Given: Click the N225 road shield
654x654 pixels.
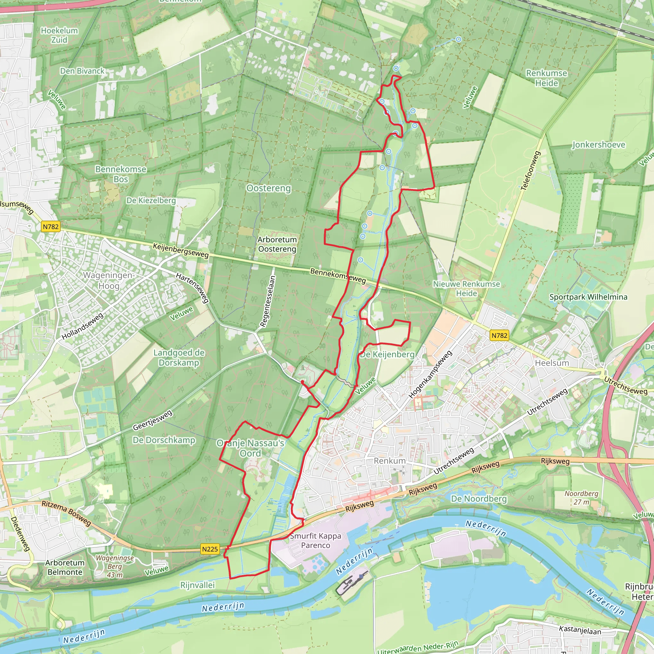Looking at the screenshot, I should pos(210,549).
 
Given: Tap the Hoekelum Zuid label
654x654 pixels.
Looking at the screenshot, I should pos(59,35).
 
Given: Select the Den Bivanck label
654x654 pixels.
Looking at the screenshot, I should pos(82,71).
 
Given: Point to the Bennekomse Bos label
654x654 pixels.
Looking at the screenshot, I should pos(121,174).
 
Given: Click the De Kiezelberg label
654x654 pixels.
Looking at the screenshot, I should pos(151,201).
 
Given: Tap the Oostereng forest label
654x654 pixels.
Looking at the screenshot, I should pos(269,188).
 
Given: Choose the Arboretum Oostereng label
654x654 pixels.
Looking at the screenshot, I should pos(277,244).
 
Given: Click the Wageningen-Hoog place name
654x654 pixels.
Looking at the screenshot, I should pos(109,281).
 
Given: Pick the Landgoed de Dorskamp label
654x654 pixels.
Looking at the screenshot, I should pos(179,358).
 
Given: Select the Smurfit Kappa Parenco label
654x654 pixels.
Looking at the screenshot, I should pos(316,541).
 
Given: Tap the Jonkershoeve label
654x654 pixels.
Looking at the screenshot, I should pos(598,145).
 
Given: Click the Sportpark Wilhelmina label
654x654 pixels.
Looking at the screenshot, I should pos(588,297).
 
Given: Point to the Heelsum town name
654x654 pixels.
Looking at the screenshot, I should pos(552,363).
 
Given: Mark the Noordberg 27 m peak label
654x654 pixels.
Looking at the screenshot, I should pos(581,498).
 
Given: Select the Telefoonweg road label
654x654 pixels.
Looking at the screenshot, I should pos(530,171).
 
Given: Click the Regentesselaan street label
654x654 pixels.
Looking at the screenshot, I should pos(267,301).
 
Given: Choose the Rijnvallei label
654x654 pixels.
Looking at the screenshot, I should pos(197,585).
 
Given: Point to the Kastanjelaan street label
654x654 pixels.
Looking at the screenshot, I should pos(580,631).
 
